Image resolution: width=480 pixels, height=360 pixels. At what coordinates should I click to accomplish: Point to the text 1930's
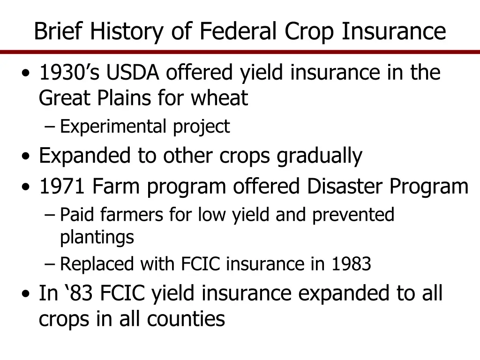(x=69, y=73)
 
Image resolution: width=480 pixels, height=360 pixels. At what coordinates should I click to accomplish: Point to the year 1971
(x=62, y=187)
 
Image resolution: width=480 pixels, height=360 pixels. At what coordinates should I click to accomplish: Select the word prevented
(x=353, y=215)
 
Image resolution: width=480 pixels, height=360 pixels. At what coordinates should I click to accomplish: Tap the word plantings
(x=97, y=238)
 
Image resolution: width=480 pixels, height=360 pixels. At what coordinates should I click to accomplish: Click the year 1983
(x=352, y=264)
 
